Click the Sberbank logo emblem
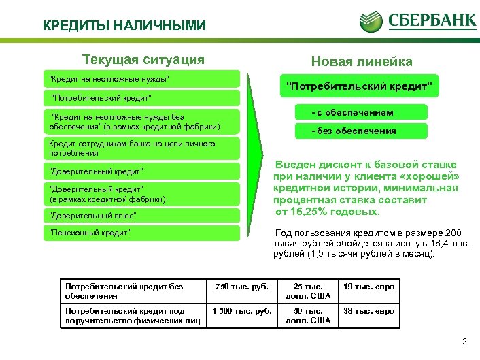373,20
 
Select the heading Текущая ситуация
143,60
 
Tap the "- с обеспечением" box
352,112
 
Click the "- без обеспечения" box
352,131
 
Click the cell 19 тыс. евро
369,287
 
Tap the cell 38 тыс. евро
369,312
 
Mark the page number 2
464,342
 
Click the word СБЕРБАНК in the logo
432,20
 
